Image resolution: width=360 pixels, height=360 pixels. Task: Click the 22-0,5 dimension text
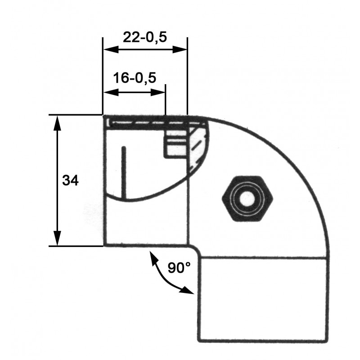pos(144,37)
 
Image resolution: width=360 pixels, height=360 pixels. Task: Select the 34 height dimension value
pos(70,180)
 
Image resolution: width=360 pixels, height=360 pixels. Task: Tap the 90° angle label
pos(179,268)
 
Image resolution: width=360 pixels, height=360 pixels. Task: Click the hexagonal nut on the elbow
pos(248,198)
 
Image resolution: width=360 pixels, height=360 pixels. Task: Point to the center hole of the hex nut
pos(248,198)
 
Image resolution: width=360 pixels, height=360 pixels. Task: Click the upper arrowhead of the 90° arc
pos(153,257)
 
